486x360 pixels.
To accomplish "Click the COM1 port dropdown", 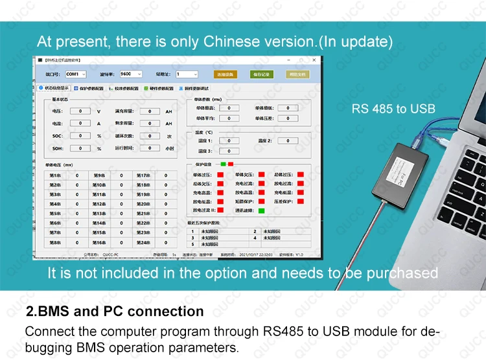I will [x=75, y=74].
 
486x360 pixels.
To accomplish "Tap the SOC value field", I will [x=80, y=136].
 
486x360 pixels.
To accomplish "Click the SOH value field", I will [x=80, y=148].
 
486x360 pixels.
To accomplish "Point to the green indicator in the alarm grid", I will [x=261, y=210].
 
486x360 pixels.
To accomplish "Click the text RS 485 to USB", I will [x=393, y=109].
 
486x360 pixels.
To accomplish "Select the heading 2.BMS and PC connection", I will [x=114, y=311].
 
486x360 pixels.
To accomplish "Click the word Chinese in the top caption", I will [x=229, y=42].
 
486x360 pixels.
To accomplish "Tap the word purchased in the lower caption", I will [x=402, y=273].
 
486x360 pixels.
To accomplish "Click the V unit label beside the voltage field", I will [x=98, y=111].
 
